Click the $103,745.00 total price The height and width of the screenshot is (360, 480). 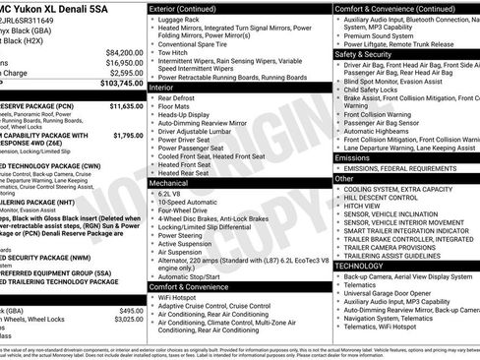(121, 85)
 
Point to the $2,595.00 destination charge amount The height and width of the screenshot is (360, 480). (126, 73)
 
